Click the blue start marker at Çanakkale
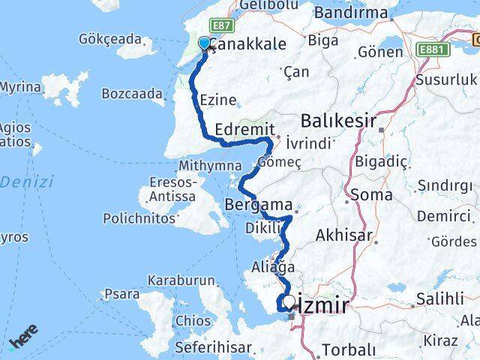coord(204,43)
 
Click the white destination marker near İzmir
coord(289,302)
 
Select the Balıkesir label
coord(337,120)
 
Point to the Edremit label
coord(244,129)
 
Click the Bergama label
coord(259,204)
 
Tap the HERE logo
coord(25,340)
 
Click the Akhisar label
coord(345,235)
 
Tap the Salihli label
coord(441,298)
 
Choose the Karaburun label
coord(177,280)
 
